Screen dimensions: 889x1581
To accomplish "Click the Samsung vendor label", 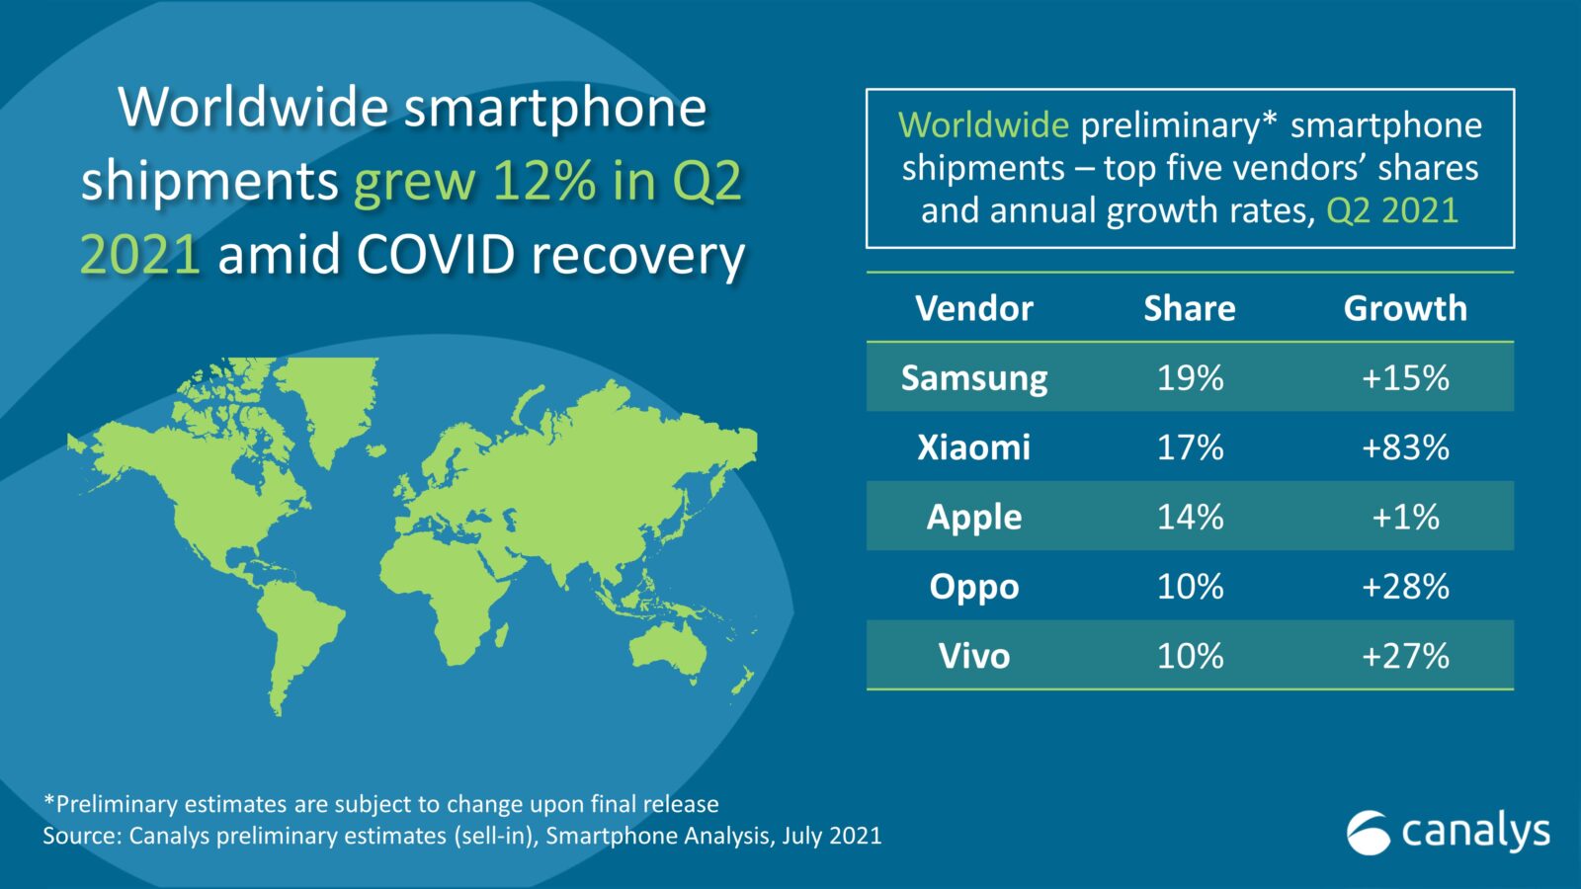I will pyautogui.click(x=974, y=378).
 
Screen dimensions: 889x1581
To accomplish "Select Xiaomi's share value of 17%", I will pyautogui.click(x=1190, y=447).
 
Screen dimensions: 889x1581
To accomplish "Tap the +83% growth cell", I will pyautogui.click(x=1404, y=447).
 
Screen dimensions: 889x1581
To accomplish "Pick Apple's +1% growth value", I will pyautogui.click(x=1404, y=517).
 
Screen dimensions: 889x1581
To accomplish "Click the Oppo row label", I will pyautogui.click(x=974, y=587).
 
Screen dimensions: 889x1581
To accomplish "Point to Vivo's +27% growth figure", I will pyautogui.click(x=1404, y=656).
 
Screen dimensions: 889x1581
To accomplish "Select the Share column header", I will pyautogui.click(x=1190, y=308).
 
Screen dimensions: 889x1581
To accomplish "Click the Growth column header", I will pyautogui.click(x=1404, y=308).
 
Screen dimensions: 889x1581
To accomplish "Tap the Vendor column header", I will pyautogui.click(x=974, y=308).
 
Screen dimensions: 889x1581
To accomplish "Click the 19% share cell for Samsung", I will pyautogui.click(x=1190, y=378).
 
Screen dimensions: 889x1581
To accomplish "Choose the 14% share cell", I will pyautogui.click(x=1190, y=517).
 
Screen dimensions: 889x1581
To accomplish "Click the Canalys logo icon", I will pyautogui.click(x=1369, y=832).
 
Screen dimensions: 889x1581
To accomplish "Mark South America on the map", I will pyautogui.click(x=296, y=622).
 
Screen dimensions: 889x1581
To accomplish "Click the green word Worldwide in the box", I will pyautogui.click(x=983, y=125).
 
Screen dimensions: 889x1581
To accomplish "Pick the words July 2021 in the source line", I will pyautogui.click(x=831, y=836).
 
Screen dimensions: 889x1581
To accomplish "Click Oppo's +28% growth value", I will pyautogui.click(x=1404, y=587).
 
